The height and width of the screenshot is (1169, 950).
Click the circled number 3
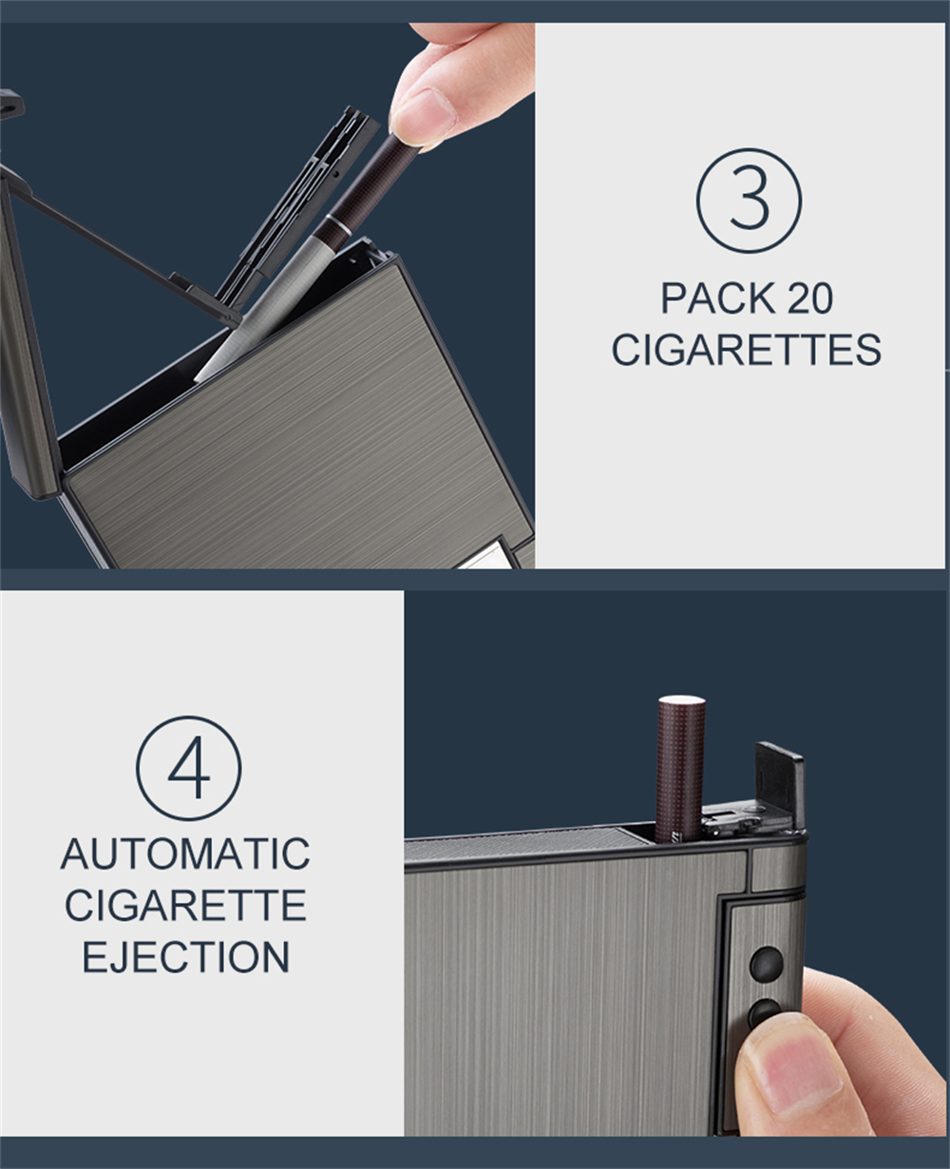coord(750,201)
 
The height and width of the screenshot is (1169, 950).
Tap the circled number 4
coord(188,769)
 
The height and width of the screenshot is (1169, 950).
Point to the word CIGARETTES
coord(747,350)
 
